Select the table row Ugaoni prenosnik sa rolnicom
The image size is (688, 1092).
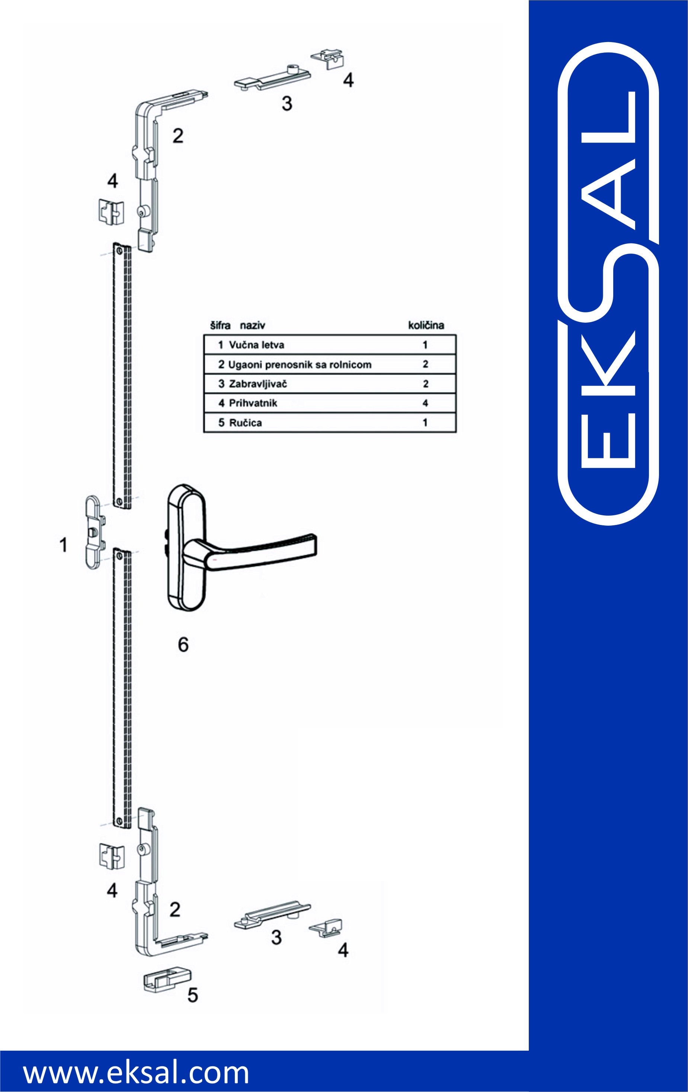330,364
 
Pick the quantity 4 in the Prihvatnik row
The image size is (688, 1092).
425,403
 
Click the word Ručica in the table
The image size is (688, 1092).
245,423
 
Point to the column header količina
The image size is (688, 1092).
426,325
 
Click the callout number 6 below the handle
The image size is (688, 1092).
183,644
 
